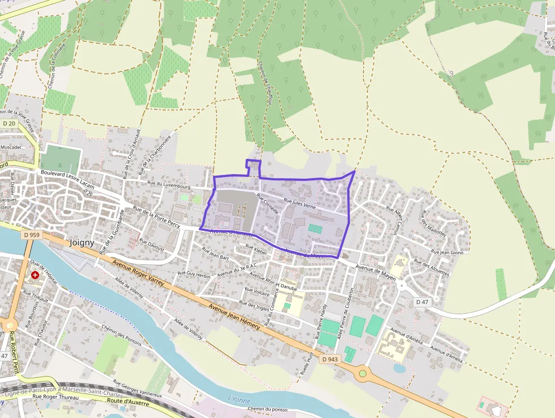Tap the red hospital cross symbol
tap(36, 275)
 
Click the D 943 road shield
tap(330, 359)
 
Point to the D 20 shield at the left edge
tap(8, 124)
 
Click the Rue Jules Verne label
tap(300, 204)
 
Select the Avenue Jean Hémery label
tap(234, 316)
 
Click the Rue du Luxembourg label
tap(169, 184)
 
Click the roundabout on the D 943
tap(362, 373)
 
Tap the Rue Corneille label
tap(267, 203)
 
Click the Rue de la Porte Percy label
tap(156, 218)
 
